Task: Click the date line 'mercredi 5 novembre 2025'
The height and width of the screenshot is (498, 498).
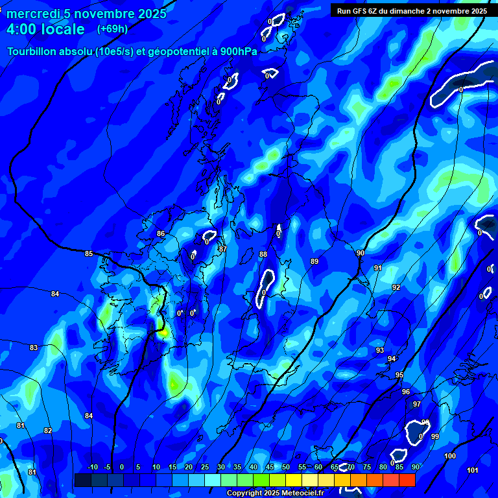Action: click(x=86, y=14)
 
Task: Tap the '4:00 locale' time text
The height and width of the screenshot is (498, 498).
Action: click(x=45, y=29)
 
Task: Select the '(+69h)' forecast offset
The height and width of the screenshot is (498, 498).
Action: click(x=112, y=29)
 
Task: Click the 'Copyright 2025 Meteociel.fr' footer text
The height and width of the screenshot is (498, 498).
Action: click(x=274, y=493)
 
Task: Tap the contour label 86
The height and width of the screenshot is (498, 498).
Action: click(x=161, y=233)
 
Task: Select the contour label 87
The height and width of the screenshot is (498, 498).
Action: click(x=223, y=249)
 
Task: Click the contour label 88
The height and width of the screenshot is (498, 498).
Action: click(x=263, y=255)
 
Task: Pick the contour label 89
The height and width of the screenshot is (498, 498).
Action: click(x=314, y=261)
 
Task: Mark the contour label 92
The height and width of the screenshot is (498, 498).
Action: click(x=396, y=287)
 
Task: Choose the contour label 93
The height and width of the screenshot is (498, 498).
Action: click(x=380, y=350)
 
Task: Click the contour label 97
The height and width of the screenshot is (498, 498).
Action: click(x=417, y=404)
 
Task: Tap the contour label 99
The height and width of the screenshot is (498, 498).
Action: click(x=435, y=436)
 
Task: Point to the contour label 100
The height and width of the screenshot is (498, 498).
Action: click(x=450, y=456)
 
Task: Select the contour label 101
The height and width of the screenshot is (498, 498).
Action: click(x=473, y=470)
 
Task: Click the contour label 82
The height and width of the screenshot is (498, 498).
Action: click(x=48, y=431)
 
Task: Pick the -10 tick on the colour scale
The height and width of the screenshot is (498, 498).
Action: click(x=93, y=467)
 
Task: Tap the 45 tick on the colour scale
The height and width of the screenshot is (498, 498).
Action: click(x=270, y=467)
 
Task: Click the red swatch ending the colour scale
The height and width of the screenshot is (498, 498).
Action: click(x=407, y=480)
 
